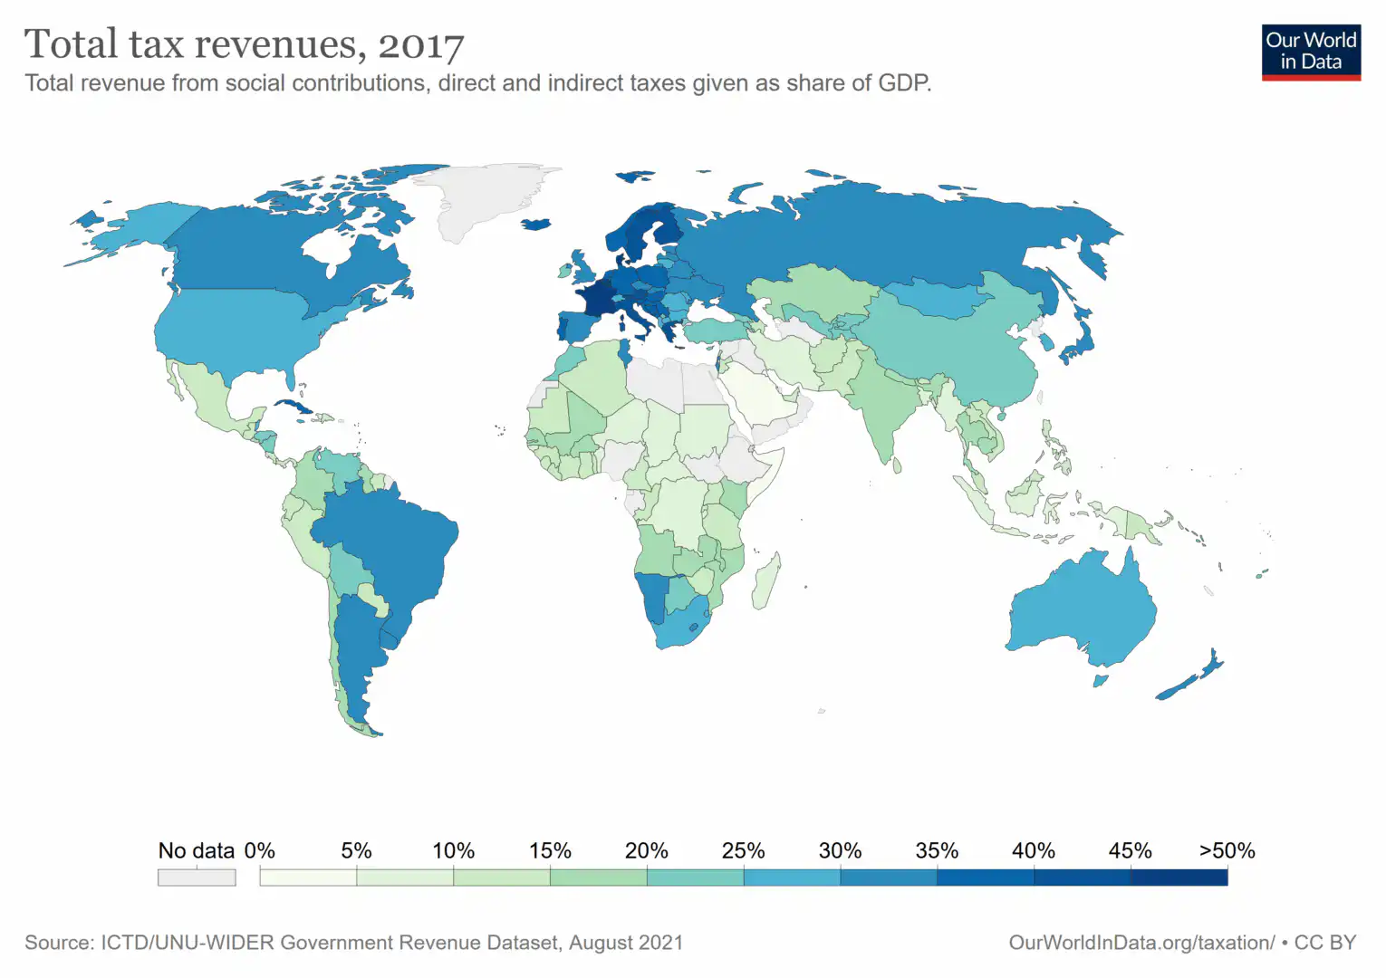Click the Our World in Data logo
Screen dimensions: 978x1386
(1311, 52)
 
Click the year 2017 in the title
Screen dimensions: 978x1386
(421, 45)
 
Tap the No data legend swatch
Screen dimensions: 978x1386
(197, 877)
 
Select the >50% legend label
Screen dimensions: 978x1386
(1227, 851)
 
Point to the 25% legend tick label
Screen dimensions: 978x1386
(743, 851)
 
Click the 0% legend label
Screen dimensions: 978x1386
(260, 851)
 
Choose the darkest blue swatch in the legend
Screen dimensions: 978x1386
(1179, 877)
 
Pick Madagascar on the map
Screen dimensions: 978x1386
(765, 582)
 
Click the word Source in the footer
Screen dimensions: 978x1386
(58, 943)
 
